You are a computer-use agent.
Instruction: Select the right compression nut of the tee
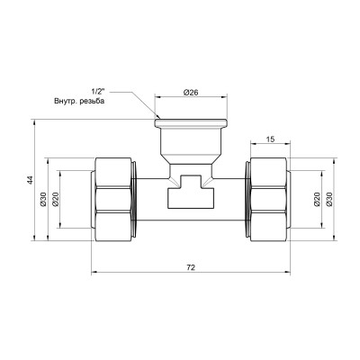tap(270, 199)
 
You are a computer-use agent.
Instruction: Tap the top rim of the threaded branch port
tap(191, 121)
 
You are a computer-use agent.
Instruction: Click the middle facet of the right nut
tap(270, 199)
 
